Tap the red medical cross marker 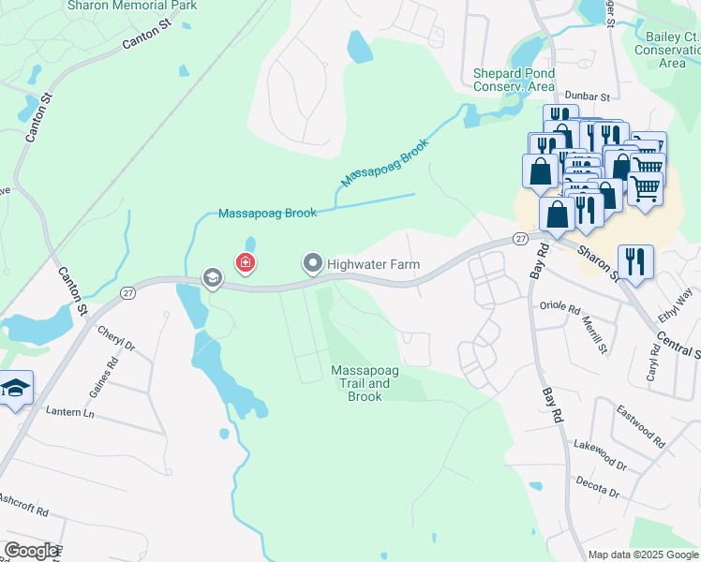pyautogui.click(x=246, y=264)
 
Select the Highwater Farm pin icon pyautogui.click(x=313, y=264)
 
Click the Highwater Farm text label pyautogui.click(x=373, y=265)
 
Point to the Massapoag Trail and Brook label pyautogui.click(x=365, y=384)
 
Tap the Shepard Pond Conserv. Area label pyautogui.click(x=514, y=80)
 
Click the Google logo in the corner pyautogui.click(x=30, y=551)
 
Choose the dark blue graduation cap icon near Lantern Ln pyautogui.click(x=14, y=388)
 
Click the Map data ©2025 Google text pyautogui.click(x=643, y=555)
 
